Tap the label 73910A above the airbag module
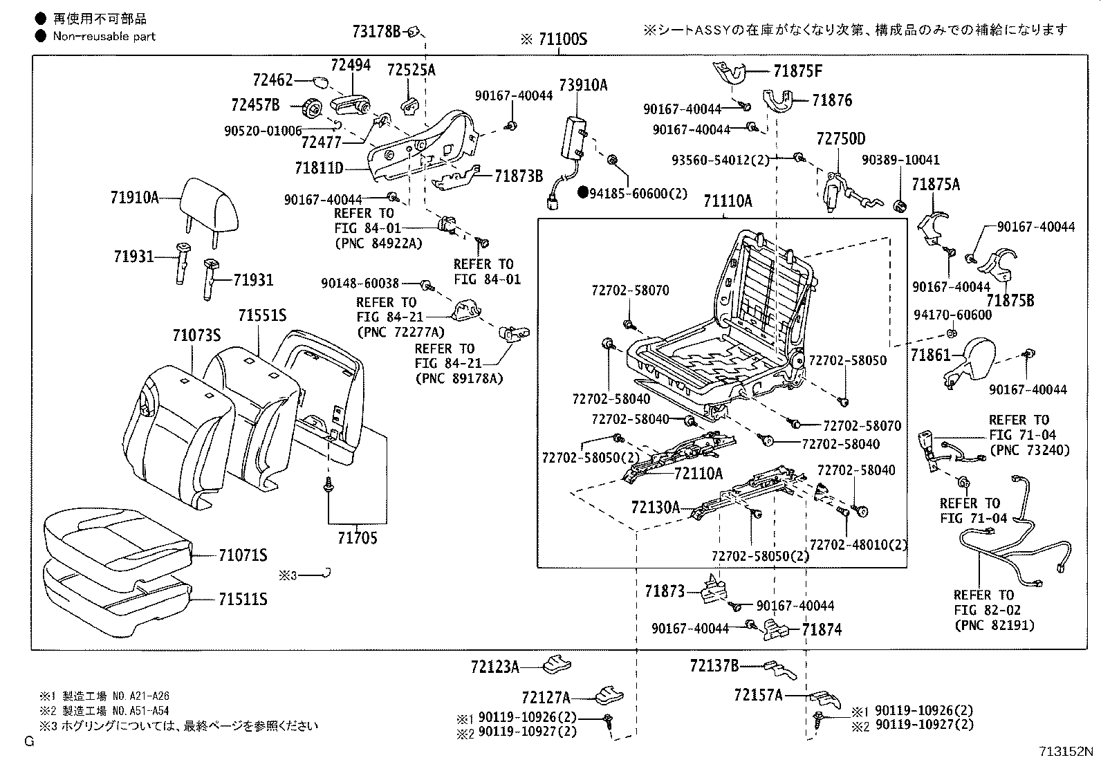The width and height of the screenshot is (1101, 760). (x=582, y=85)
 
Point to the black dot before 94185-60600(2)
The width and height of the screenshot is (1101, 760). (x=583, y=193)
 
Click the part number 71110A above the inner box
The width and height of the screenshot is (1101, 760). (x=727, y=201)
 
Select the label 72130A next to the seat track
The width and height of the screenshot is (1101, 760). (x=656, y=508)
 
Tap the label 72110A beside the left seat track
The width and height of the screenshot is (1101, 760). (x=698, y=473)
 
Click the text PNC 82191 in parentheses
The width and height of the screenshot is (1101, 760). (x=994, y=625)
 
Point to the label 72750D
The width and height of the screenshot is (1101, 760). (x=840, y=139)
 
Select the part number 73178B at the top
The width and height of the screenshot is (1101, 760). (x=376, y=31)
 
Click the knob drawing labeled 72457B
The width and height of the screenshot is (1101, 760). (x=315, y=109)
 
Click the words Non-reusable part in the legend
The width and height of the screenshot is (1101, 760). (x=104, y=36)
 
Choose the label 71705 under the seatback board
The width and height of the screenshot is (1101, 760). (x=358, y=537)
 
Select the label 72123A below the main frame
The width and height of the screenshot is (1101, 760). (x=494, y=667)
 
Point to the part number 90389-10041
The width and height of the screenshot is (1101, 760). (x=900, y=160)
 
